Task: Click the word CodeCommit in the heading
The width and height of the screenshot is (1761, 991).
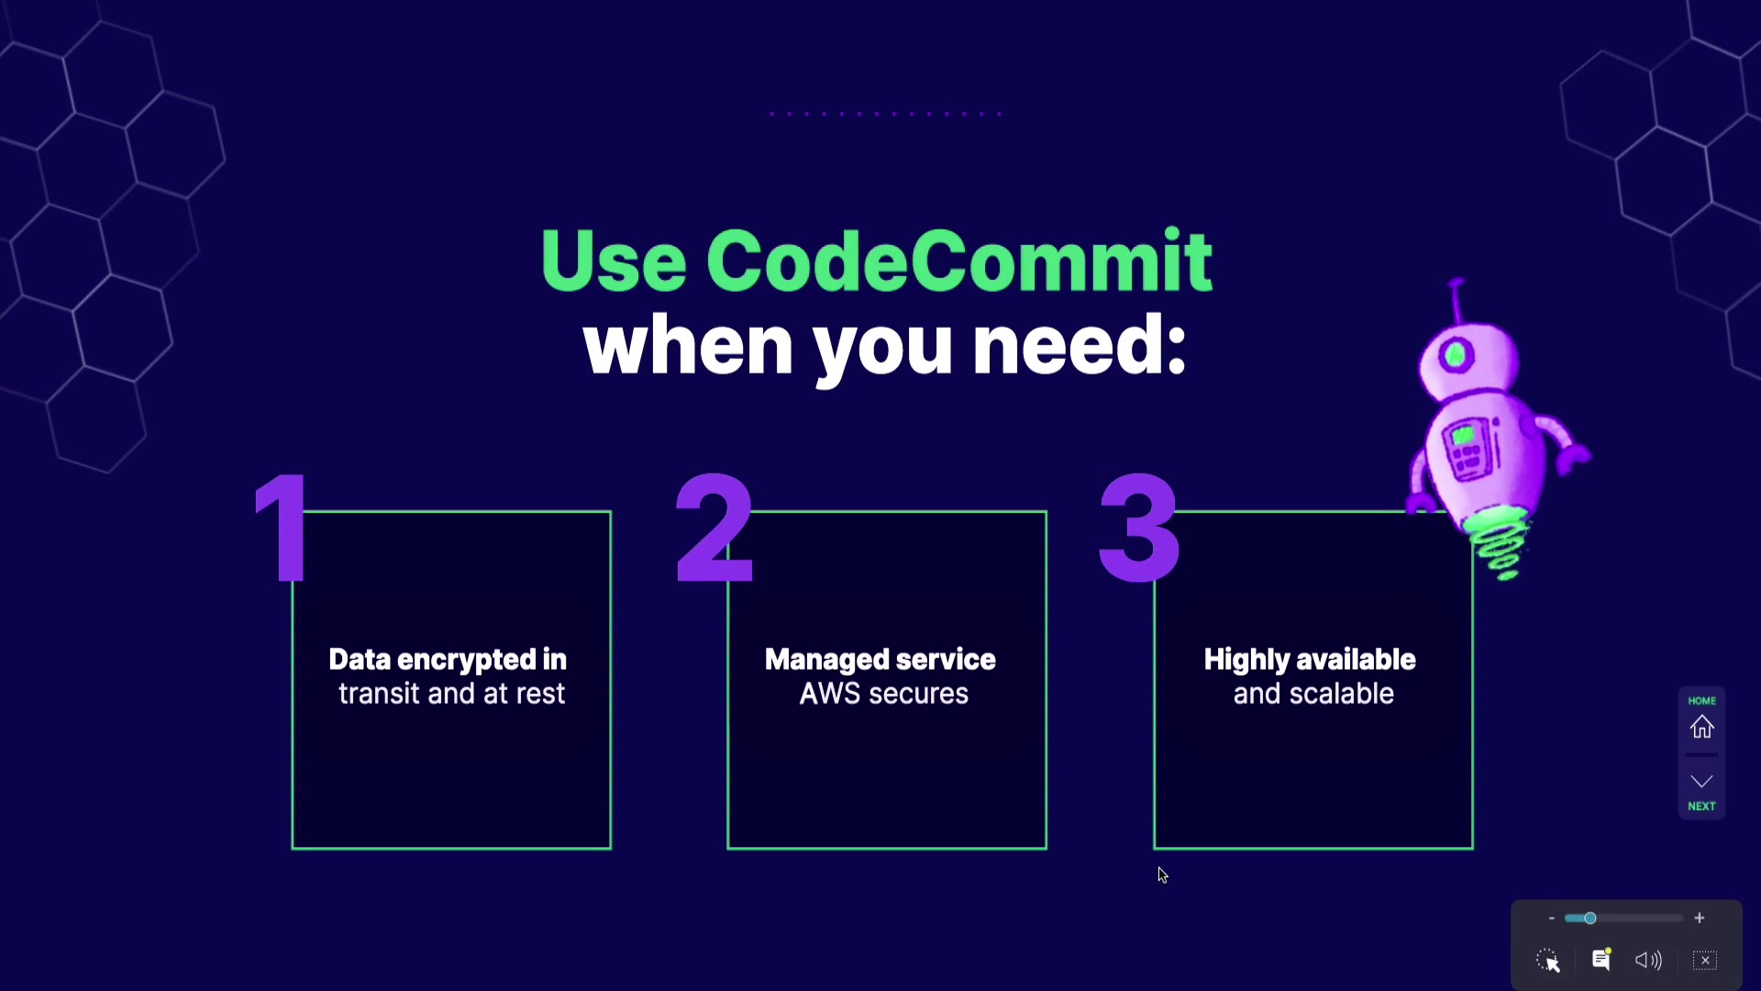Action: [958, 262]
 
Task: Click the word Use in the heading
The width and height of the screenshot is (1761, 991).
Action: [613, 262]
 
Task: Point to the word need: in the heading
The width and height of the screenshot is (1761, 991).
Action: [1079, 346]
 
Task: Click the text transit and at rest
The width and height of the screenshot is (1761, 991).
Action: [451, 694]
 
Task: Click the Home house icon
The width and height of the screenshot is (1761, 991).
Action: [1702, 727]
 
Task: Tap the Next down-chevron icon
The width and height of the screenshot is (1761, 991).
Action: [1702, 782]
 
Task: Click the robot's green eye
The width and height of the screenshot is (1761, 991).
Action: [1456, 355]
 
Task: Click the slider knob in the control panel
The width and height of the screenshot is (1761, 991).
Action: [1590, 919]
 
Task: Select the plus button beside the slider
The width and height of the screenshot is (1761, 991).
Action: [1700, 919]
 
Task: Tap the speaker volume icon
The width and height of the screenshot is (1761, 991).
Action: [1648, 961]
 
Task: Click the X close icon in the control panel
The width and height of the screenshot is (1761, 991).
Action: [1705, 961]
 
